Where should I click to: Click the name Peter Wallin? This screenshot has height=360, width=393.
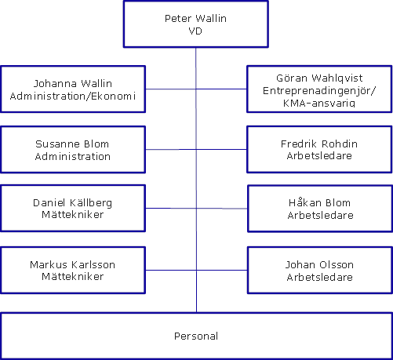195,19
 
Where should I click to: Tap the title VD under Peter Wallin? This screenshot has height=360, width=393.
195,31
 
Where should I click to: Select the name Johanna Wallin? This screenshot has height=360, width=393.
73,84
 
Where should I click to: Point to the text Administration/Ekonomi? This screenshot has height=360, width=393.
73,96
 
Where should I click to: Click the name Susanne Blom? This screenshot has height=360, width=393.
72,144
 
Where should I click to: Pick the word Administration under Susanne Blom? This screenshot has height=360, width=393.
73,156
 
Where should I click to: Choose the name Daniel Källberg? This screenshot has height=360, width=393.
73,203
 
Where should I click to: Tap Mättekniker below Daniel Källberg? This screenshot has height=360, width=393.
73,215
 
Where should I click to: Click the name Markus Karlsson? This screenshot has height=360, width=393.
73,264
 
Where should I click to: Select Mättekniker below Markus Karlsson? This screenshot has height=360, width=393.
73,276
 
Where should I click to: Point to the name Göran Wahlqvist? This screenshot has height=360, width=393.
319,78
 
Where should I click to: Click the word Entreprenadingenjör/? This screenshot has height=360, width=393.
319,91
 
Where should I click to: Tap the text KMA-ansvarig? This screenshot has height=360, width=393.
319,103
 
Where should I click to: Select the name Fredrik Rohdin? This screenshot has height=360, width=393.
319,144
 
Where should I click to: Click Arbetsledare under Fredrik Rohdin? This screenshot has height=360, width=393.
319,155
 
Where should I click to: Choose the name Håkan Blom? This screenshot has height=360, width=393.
319,202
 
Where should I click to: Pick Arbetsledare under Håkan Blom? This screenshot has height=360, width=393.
321,215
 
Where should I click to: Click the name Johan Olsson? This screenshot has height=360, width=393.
319,264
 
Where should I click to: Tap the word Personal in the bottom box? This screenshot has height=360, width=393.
196,336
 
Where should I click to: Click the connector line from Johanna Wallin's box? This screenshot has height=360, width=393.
171,89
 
